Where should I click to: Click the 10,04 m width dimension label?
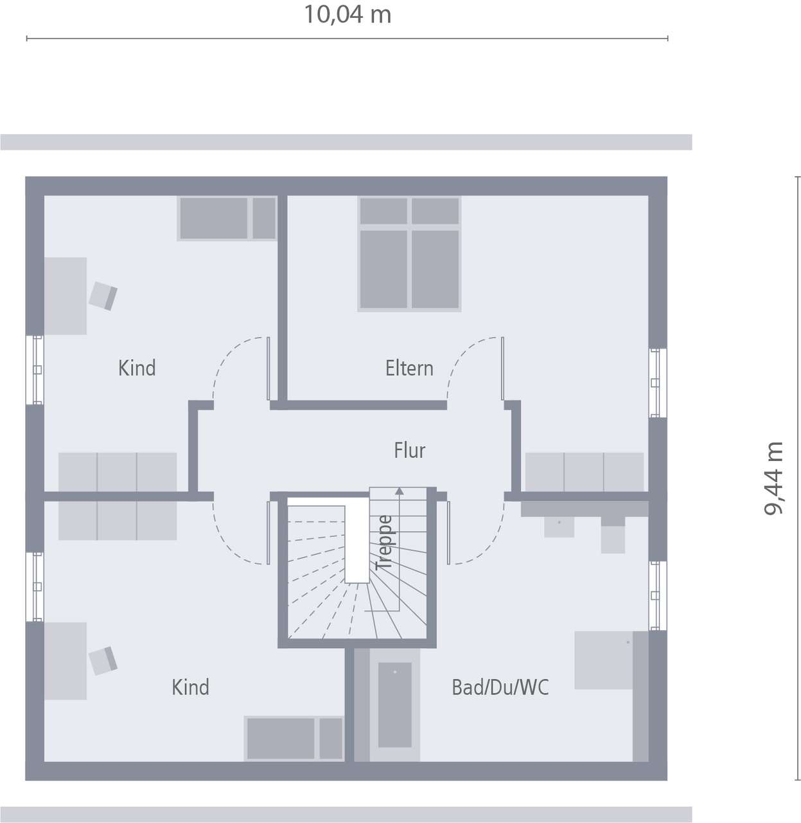click(x=347, y=14)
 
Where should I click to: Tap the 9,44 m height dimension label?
click(x=774, y=478)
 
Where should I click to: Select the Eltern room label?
click(x=409, y=368)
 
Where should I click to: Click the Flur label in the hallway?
click(x=409, y=451)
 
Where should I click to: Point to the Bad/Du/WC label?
click(x=500, y=687)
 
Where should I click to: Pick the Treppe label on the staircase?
click(x=385, y=542)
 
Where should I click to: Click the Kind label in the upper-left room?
click(x=137, y=368)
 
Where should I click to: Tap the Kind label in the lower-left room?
click(x=190, y=687)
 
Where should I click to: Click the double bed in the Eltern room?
click(x=409, y=253)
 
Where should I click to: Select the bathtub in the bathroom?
click(x=394, y=704)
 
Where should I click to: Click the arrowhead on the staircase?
click(x=400, y=491)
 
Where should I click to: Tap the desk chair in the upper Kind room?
click(x=103, y=296)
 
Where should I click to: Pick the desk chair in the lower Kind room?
click(x=103, y=660)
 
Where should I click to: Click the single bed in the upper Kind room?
click(x=227, y=219)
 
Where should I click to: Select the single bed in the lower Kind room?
click(x=295, y=738)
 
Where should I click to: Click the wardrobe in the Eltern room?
click(x=585, y=472)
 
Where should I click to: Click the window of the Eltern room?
click(x=655, y=383)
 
